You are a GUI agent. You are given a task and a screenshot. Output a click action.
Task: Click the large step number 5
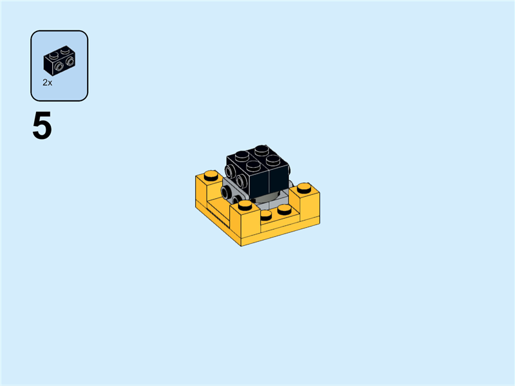[42, 127]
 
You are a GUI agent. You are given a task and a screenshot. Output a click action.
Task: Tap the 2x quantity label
[47, 82]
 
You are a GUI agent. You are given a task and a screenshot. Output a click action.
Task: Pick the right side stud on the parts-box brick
[69, 62]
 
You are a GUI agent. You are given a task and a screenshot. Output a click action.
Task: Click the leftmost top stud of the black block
[241, 155]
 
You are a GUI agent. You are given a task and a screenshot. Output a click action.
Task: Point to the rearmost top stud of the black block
[260, 149]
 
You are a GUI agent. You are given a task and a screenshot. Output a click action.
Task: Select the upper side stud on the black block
[230, 172]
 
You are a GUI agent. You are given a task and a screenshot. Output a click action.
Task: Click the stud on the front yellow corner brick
[245, 206]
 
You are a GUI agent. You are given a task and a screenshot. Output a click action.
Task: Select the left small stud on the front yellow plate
[266, 215]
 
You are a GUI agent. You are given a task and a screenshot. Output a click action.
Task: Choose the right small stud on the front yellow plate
[284, 209]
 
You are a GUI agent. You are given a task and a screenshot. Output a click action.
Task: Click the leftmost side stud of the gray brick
[225, 192]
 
